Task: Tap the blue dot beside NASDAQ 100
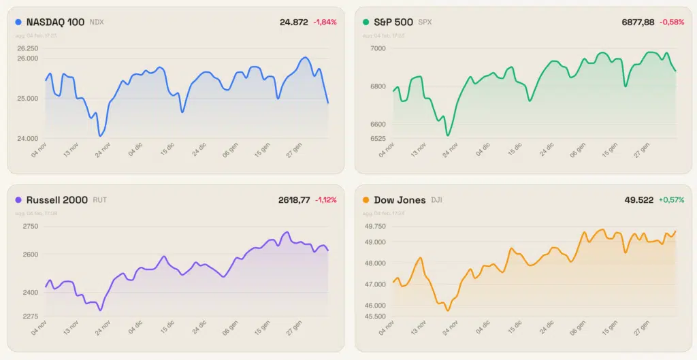(x=18, y=22)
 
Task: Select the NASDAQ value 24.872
(x=294, y=22)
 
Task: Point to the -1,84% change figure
(x=325, y=22)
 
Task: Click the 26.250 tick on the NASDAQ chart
(x=27, y=48)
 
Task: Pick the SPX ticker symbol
(x=425, y=22)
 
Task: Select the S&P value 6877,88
(x=638, y=22)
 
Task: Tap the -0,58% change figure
(x=671, y=22)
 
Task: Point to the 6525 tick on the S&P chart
(x=377, y=139)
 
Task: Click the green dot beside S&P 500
(x=366, y=22)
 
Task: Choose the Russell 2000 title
(x=56, y=200)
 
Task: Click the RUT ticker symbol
(x=99, y=200)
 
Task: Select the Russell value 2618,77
(x=294, y=200)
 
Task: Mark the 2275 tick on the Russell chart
(x=29, y=316)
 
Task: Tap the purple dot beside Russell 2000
(x=18, y=200)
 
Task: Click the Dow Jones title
(x=400, y=200)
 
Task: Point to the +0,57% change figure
(x=671, y=200)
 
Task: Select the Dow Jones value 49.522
(x=639, y=200)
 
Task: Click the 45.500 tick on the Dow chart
(x=374, y=316)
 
